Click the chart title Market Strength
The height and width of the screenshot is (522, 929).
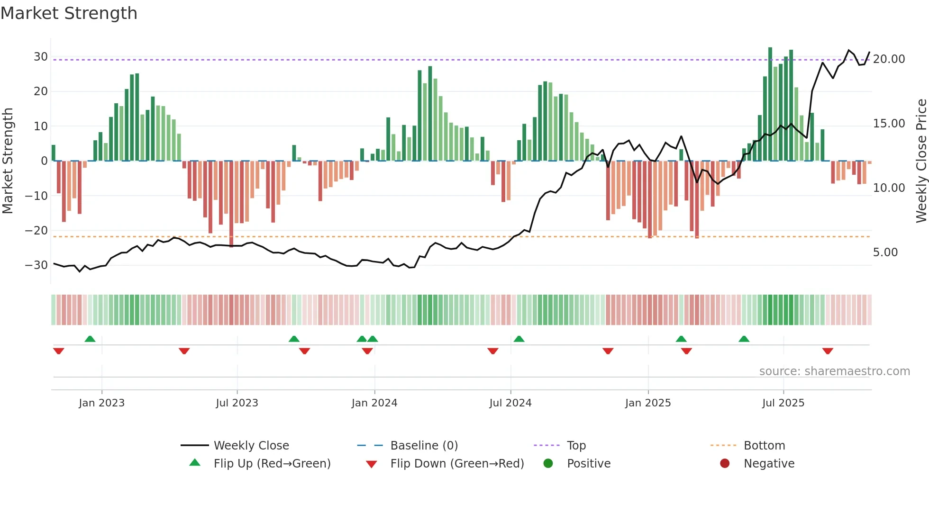[69, 13]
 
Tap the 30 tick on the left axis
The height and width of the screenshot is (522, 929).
[41, 57]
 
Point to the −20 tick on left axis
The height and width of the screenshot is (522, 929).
[37, 231]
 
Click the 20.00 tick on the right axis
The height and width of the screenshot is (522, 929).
[889, 59]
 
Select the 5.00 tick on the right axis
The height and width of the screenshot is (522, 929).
[885, 252]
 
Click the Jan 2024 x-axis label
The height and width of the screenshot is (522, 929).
[374, 403]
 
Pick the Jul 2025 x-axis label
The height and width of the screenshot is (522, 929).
[783, 403]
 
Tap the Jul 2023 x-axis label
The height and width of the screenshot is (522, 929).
[237, 403]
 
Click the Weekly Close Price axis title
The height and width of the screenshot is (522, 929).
[921, 161]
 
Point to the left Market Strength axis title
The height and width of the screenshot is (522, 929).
[8, 161]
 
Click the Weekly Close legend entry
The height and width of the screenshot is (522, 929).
[251, 446]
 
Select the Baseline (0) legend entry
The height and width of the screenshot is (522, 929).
[424, 446]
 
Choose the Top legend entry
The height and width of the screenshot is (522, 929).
[576, 446]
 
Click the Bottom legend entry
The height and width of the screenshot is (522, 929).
[764, 446]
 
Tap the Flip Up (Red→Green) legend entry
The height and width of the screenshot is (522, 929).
[272, 464]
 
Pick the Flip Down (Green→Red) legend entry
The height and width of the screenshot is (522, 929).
[457, 464]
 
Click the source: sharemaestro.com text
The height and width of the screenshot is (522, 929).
[834, 371]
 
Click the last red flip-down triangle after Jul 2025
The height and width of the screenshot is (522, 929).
[828, 351]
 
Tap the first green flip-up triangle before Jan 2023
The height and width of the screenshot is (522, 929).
[90, 339]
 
